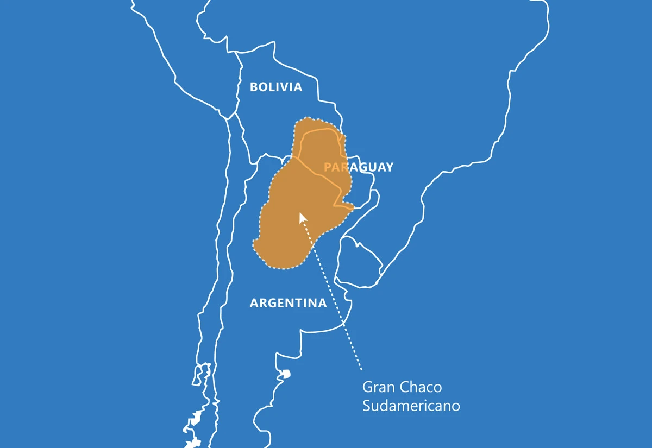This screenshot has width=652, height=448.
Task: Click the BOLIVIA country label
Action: coord(276,87)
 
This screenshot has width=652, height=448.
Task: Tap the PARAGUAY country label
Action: coord(358,167)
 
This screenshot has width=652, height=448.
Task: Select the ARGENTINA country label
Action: coord(288,303)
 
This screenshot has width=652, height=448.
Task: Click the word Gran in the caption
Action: coord(379,387)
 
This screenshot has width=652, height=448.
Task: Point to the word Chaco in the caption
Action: coord(421,387)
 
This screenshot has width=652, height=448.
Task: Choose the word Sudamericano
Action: coord(411,406)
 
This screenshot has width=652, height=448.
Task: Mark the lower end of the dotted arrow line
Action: coord(361,370)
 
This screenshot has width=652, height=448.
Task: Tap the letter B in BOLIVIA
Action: coord(254,87)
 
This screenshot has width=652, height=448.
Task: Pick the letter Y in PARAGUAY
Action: coord(388,167)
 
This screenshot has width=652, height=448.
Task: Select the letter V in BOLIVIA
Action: coord(286,87)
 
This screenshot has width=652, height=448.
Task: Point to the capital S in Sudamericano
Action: coord(367,406)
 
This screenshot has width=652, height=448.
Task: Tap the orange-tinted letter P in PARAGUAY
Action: coord(328,167)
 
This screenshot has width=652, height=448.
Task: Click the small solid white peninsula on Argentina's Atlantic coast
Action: coord(285,374)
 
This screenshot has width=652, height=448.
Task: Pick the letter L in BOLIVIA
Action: coord(273,87)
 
